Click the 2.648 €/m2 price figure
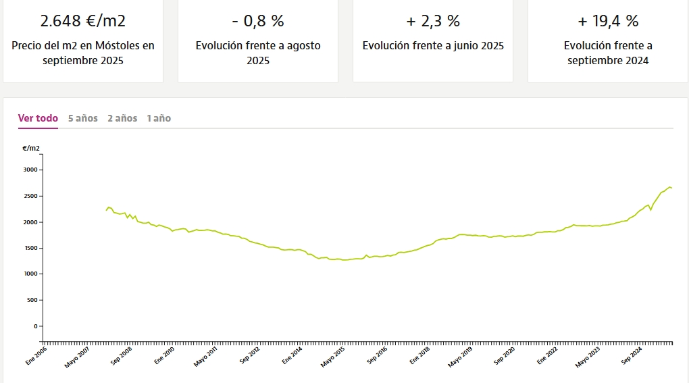coord(83,21)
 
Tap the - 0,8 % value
coord(258,21)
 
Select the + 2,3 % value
coord(433,21)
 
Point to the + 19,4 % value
coord(608,21)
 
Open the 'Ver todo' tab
coord(38,118)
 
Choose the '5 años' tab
coord(83,118)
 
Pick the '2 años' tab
coord(122,118)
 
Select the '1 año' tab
coord(159,118)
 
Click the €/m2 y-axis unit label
coord(31,148)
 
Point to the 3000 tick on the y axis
coord(31,170)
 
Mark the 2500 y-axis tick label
coord(31,197)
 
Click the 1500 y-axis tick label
coord(31,249)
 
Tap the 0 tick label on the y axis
coord(36,326)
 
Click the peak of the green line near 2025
coord(669,187)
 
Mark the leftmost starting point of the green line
coord(107,211)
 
